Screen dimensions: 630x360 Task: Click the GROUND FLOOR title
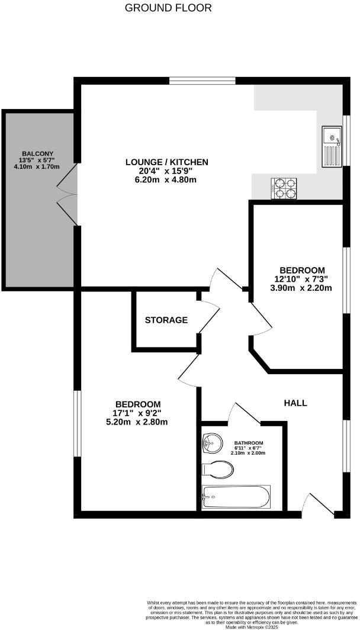point(168,8)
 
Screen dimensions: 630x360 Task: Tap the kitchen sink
point(332,147)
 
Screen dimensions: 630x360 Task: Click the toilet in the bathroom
point(217,470)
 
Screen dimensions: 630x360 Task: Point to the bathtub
point(236,496)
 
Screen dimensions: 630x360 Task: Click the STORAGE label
point(166,320)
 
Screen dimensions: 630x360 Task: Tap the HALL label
point(295,403)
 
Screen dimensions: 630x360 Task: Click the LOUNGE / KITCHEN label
point(166,162)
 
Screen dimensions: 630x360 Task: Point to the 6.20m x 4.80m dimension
point(165,180)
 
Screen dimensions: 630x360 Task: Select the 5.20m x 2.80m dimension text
point(137,422)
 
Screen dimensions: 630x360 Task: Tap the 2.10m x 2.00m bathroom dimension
point(248,453)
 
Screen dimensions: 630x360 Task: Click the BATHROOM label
point(248,442)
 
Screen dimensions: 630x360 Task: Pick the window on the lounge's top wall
point(193,81)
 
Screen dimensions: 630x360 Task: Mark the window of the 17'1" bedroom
point(76,423)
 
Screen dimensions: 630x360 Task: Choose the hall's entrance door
point(313,503)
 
